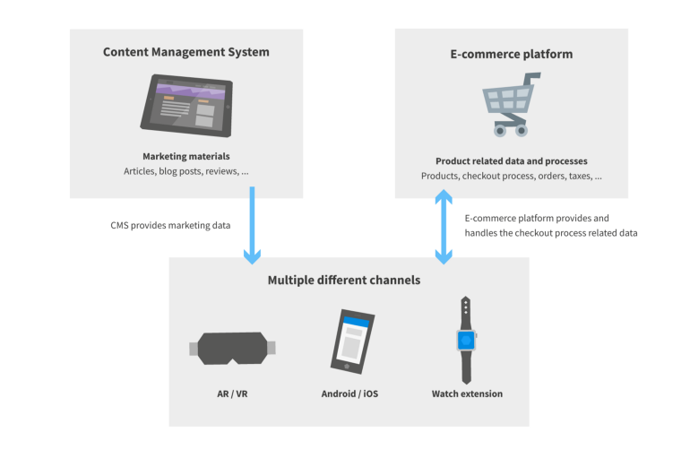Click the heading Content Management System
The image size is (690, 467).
pos(185,52)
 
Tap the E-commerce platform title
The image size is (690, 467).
pos(511,54)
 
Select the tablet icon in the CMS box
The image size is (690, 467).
pos(185,104)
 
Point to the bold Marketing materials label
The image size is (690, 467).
pos(185,156)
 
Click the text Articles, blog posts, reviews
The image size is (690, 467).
pos(185,171)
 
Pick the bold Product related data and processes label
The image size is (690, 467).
pos(511,161)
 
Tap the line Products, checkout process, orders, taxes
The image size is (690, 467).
pos(511,177)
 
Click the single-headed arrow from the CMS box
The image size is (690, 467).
pos(252,225)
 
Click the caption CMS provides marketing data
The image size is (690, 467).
pos(164,226)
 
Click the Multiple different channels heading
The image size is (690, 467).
pos(343,281)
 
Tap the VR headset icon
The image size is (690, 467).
pos(232,349)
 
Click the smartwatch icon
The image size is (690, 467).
pos(466,341)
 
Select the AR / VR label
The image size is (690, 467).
pos(232,393)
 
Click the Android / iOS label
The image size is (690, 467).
pos(349,393)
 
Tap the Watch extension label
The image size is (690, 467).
pos(467,393)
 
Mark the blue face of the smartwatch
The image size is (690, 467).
pos(466,340)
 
